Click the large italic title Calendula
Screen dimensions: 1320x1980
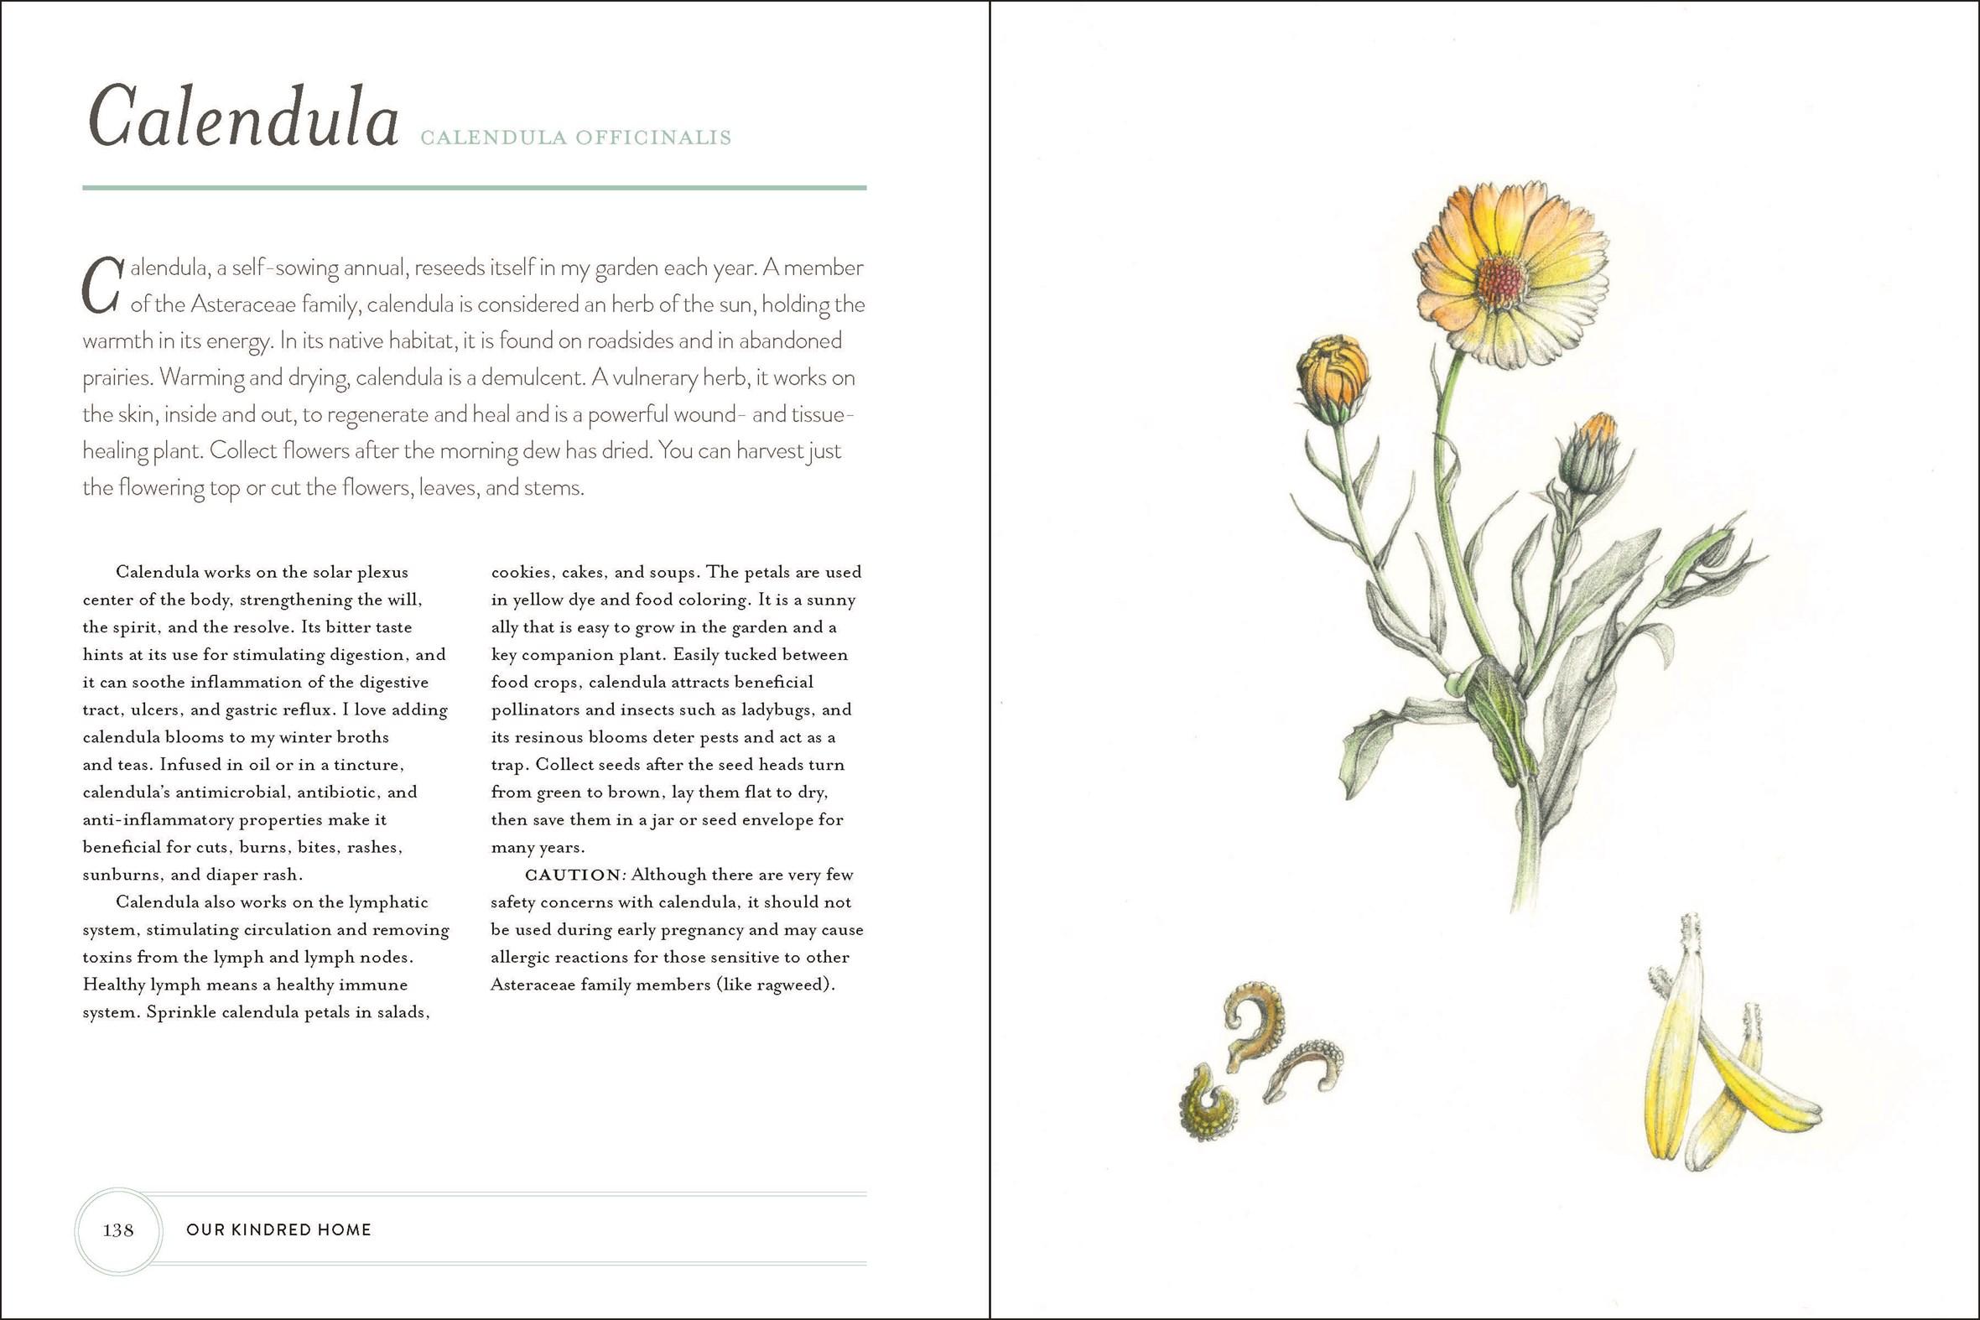pos(242,119)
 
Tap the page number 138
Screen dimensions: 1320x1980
pos(118,1230)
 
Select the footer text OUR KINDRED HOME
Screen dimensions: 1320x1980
pos(278,1230)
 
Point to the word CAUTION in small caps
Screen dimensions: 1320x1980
pos(573,875)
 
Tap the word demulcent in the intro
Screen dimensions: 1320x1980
pos(523,378)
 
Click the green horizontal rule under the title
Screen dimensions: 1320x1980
pos(474,187)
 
